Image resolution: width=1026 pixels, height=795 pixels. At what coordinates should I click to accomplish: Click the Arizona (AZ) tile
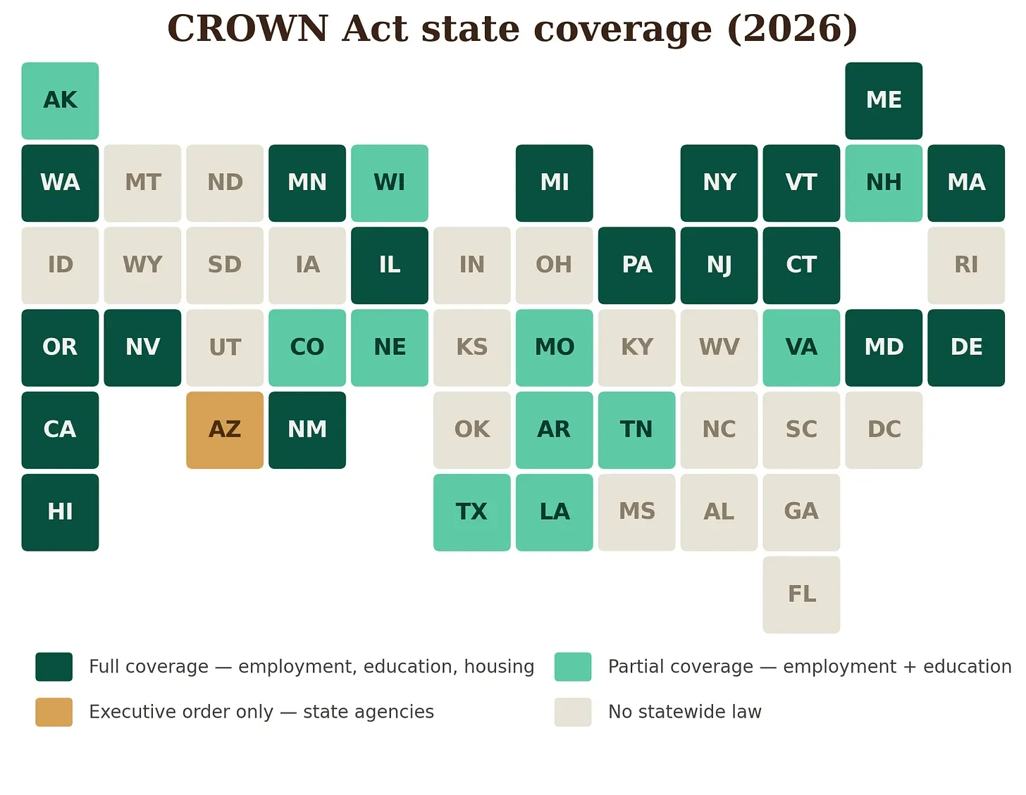pyautogui.click(x=225, y=430)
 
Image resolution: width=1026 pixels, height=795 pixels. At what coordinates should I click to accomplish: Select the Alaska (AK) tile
pyautogui.click(x=60, y=101)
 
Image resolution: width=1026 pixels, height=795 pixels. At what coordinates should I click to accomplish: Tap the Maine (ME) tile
pyautogui.click(x=884, y=101)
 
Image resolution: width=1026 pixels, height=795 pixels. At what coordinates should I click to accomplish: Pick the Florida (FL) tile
pyautogui.click(x=801, y=594)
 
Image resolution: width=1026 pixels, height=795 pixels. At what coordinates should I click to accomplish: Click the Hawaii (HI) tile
pyautogui.click(x=60, y=513)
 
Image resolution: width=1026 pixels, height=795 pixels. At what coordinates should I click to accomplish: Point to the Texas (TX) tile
pyautogui.click(x=471, y=513)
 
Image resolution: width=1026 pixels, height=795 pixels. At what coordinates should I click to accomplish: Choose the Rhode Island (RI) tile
pyautogui.click(x=966, y=265)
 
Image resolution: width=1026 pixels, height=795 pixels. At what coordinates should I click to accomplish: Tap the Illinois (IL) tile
pyautogui.click(x=390, y=265)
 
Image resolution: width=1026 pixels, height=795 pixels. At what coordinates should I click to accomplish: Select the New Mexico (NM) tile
pyautogui.click(x=307, y=430)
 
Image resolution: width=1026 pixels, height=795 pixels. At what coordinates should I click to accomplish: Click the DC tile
pyautogui.click(x=884, y=430)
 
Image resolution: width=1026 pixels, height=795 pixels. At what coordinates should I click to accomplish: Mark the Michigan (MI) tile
pyautogui.click(x=555, y=183)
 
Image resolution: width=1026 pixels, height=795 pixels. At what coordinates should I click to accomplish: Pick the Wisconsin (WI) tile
pyautogui.click(x=390, y=183)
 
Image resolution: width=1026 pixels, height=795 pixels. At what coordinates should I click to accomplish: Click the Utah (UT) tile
pyautogui.click(x=225, y=348)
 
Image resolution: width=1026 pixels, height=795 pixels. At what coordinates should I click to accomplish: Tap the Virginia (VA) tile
pyautogui.click(x=801, y=348)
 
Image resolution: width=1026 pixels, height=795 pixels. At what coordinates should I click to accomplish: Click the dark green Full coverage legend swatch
pyautogui.click(x=54, y=667)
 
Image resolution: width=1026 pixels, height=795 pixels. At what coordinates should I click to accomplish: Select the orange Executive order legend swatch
pyautogui.click(x=54, y=712)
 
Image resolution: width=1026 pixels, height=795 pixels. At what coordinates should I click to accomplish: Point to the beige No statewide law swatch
pyautogui.click(x=573, y=712)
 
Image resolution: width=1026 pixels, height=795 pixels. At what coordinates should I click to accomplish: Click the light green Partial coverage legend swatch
pyautogui.click(x=573, y=667)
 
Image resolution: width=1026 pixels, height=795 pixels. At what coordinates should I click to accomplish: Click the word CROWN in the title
pyautogui.click(x=248, y=28)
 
